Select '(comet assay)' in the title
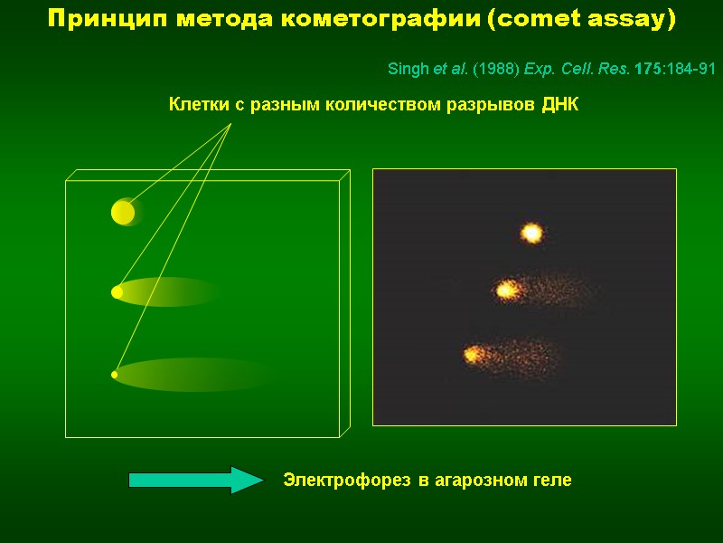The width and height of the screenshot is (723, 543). (x=581, y=19)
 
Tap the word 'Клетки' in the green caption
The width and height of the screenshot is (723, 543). (x=200, y=106)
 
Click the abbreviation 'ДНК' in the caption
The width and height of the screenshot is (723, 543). (x=559, y=106)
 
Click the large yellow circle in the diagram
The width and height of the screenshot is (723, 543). (x=123, y=212)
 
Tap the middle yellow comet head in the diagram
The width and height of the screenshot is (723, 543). (x=117, y=292)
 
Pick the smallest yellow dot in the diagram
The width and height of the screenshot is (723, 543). (x=115, y=374)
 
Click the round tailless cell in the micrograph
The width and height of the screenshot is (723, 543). (x=531, y=233)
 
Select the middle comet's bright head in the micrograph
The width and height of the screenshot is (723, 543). (x=505, y=291)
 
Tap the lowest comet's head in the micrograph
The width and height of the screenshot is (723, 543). (x=472, y=355)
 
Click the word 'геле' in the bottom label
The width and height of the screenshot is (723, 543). (x=550, y=480)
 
